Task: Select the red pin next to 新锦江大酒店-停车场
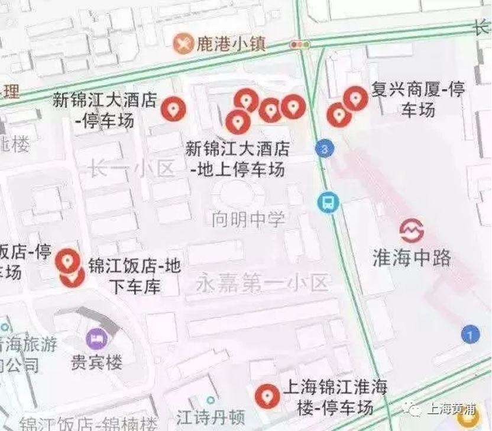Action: click(174, 108)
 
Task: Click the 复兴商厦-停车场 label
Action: click(418, 99)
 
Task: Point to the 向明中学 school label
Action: click(248, 219)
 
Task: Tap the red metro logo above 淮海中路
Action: click(412, 230)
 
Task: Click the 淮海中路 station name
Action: click(412, 257)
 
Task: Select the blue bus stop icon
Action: click(326, 202)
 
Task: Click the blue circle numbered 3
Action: click(323, 149)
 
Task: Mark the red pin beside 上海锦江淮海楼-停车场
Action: click(267, 395)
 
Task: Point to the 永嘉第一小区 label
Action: click(261, 284)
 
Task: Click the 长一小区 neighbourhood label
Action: click(131, 169)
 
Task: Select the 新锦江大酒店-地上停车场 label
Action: click(237, 159)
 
